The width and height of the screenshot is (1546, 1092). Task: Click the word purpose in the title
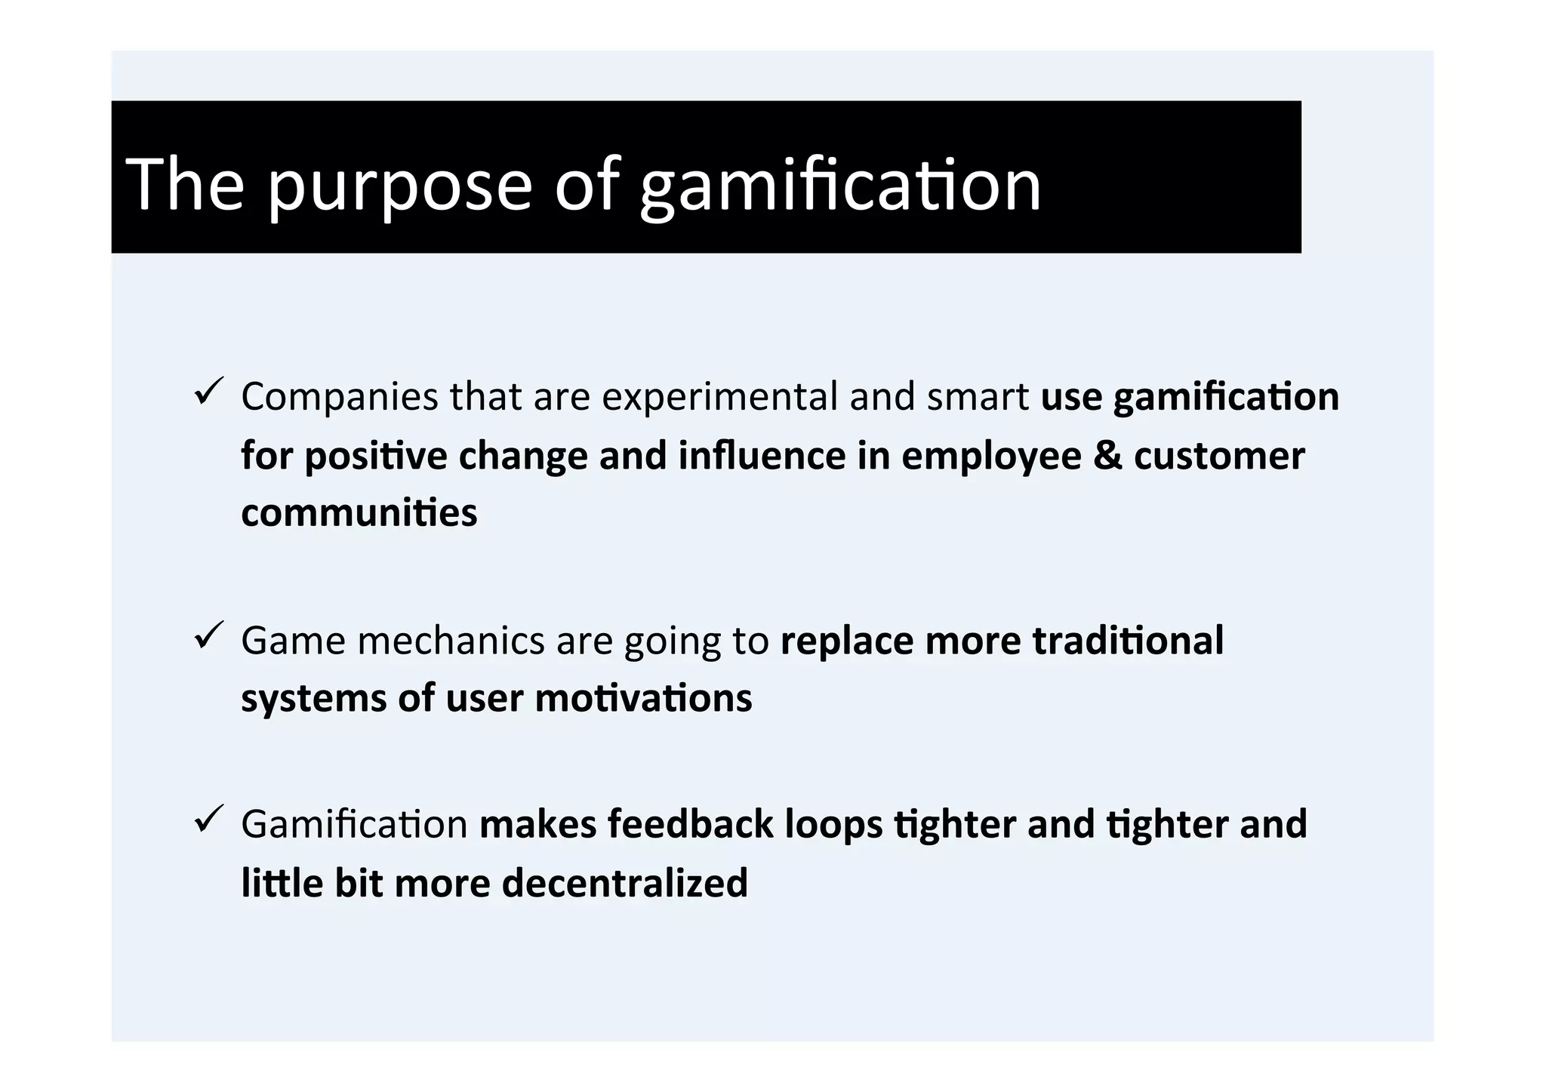pyautogui.click(x=400, y=186)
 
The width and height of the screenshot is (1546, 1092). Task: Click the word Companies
pyautogui.click(x=339, y=397)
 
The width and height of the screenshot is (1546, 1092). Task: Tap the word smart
pyautogui.click(x=978, y=397)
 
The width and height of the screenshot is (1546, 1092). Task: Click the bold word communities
pyautogui.click(x=359, y=513)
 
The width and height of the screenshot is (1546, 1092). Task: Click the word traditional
pyautogui.click(x=1128, y=641)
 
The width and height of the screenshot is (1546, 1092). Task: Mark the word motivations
pyautogui.click(x=643, y=698)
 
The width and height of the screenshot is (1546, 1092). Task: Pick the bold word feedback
pyautogui.click(x=690, y=823)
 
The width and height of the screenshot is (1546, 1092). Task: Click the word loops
pyautogui.click(x=833, y=825)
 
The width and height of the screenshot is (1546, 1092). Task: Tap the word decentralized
pyautogui.click(x=624, y=883)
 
